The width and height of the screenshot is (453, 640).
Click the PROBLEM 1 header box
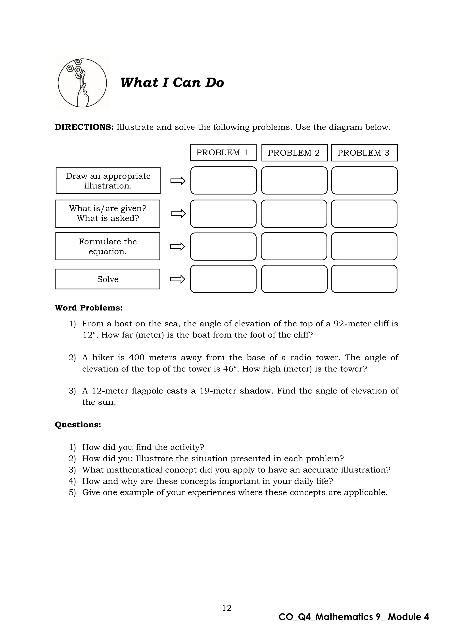(223, 152)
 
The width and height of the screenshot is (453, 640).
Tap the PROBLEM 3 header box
(364, 153)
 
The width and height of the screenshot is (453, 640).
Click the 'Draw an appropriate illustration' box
(108, 181)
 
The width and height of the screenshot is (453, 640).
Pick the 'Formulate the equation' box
(108, 246)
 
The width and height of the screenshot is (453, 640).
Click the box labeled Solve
(108, 279)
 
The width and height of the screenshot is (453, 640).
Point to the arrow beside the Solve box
(178, 279)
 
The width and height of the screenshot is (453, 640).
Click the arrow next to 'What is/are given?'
(178, 214)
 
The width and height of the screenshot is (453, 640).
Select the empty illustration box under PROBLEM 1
(223, 180)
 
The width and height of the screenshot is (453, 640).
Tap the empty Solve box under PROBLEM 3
(364, 279)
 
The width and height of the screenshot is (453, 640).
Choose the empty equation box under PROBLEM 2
(294, 246)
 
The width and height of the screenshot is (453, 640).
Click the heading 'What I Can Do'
(172, 82)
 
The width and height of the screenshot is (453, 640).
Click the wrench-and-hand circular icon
(82, 83)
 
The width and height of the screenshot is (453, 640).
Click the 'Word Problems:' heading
(89, 308)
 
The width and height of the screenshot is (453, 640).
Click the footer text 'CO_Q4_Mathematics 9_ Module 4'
(354, 617)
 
